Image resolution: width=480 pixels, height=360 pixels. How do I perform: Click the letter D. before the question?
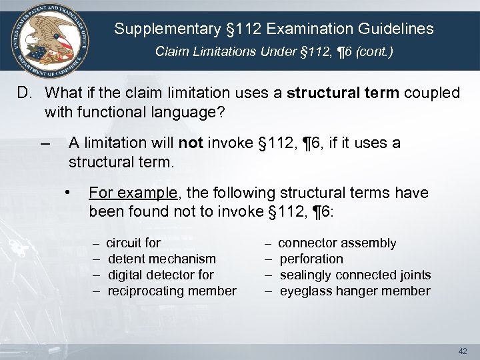pyautogui.click(x=24, y=93)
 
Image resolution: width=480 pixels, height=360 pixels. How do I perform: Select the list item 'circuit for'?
pyautogui.click(x=134, y=243)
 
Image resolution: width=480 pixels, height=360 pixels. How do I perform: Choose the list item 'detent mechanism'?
pyautogui.click(x=162, y=259)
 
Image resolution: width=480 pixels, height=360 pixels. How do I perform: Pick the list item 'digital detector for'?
pyautogui.click(x=161, y=275)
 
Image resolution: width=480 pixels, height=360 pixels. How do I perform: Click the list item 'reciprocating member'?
pyautogui.click(x=172, y=291)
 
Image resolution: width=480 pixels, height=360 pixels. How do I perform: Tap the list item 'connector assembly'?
pyautogui.click(x=337, y=243)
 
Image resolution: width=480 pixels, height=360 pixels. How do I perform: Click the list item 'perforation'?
pyautogui.click(x=311, y=259)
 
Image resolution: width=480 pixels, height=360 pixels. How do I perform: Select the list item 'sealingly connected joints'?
pyautogui.click(x=355, y=275)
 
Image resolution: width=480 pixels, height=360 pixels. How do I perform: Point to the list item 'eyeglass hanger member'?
pyautogui.click(x=355, y=291)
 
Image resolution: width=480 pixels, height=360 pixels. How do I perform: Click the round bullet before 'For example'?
pyautogui.click(x=69, y=193)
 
